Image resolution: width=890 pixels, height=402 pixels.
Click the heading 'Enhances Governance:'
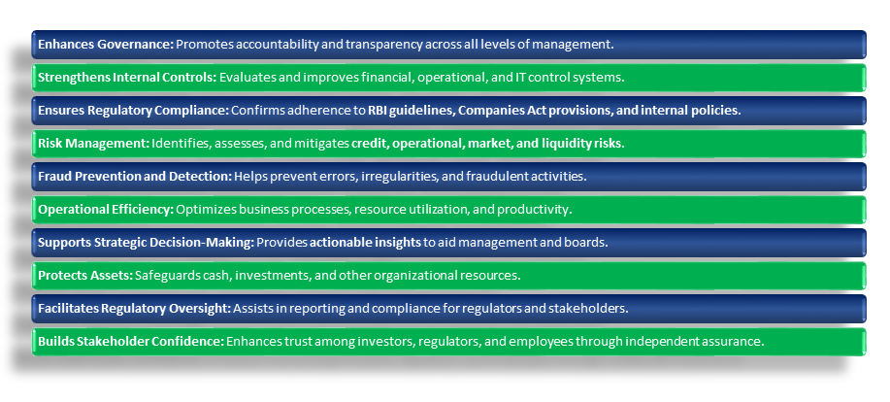[106, 45]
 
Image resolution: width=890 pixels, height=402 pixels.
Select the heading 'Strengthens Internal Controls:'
[127, 78]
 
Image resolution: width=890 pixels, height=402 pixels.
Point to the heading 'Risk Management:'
[93, 143]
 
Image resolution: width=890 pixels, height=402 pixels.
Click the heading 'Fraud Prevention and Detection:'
[135, 176]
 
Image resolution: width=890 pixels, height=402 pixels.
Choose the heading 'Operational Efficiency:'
[106, 209]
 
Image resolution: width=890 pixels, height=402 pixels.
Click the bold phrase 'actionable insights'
[365, 242]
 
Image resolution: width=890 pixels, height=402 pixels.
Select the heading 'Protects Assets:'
[85, 275]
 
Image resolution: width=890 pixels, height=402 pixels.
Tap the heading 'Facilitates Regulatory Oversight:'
[135, 308]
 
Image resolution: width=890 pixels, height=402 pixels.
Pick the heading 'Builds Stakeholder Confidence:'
[131, 341]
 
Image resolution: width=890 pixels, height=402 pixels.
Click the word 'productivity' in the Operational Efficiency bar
[533, 209]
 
